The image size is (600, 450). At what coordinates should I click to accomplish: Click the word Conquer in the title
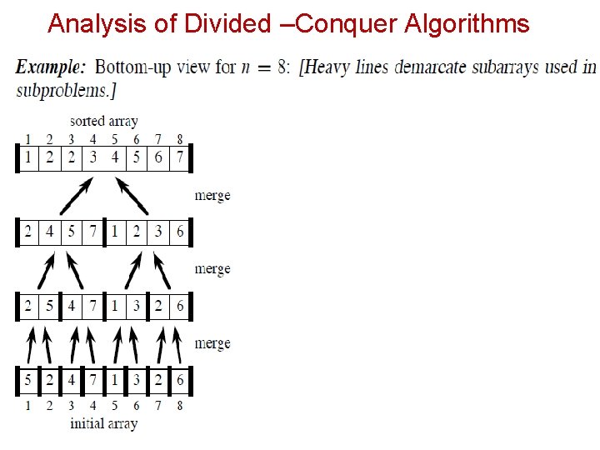point(347,24)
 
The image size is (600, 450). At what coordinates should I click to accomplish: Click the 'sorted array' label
point(104,122)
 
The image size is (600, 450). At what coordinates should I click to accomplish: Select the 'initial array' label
point(104,423)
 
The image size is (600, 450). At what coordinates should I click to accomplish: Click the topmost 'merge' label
point(212,196)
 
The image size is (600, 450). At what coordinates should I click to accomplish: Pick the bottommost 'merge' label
point(212,343)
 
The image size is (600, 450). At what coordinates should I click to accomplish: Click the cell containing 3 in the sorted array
point(93,157)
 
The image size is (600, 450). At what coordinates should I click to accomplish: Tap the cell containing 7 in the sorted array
point(180,157)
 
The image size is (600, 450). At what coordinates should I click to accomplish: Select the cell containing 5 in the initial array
point(27,382)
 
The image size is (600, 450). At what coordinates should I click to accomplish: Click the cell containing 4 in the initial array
point(71,382)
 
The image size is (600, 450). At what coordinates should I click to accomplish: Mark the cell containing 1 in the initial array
point(115,382)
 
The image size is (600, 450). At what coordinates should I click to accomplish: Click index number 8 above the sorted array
point(180,139)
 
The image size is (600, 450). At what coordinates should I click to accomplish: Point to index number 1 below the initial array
point(27,406)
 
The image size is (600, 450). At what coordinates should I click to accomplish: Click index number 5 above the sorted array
point(115,139)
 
